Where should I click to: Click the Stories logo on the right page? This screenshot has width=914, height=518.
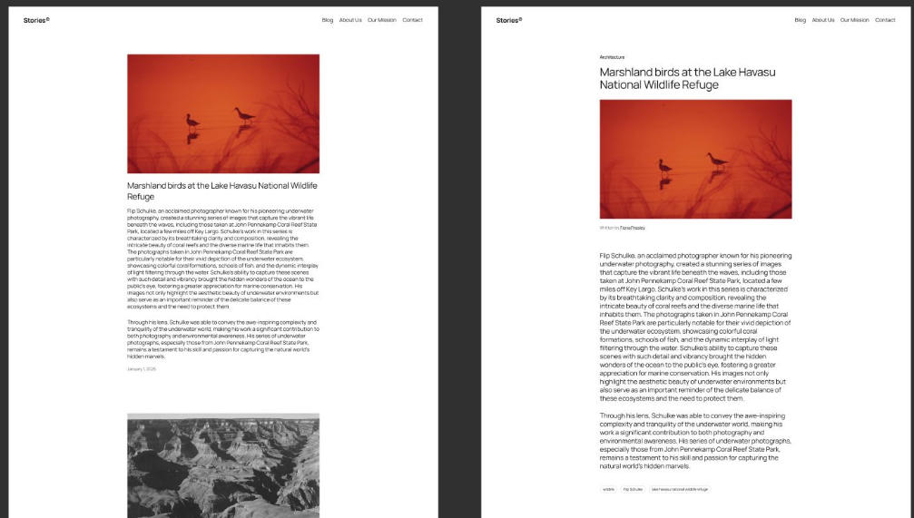[x=508, y=20]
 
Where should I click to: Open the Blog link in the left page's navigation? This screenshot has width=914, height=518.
[x=328, y=20]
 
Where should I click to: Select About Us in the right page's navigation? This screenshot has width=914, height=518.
[x=823, y=20]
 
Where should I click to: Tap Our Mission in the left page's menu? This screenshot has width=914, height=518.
[x=382, y=20]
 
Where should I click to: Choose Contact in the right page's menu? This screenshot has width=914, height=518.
[x=885, y=20]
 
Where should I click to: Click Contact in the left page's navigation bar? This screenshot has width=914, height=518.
[x=413, y=20]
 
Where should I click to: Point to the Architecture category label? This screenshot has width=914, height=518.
[x=612, y=57]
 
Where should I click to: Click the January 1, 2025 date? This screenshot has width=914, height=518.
[x=142, y=369]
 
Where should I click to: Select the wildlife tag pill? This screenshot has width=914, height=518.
[x=608, y=489]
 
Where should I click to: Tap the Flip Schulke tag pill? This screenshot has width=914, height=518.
[x=633, y=489]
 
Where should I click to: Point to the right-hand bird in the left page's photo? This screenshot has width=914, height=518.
[x=244, y=115]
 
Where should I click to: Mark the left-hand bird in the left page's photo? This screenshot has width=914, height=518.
[x=192, y=121]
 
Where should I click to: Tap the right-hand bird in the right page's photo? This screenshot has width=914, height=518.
[x=717, y=161]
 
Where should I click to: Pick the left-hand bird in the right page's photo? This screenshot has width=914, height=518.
[x=664, y=166]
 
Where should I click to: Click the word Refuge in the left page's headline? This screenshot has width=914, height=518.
[x=141, y=197]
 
